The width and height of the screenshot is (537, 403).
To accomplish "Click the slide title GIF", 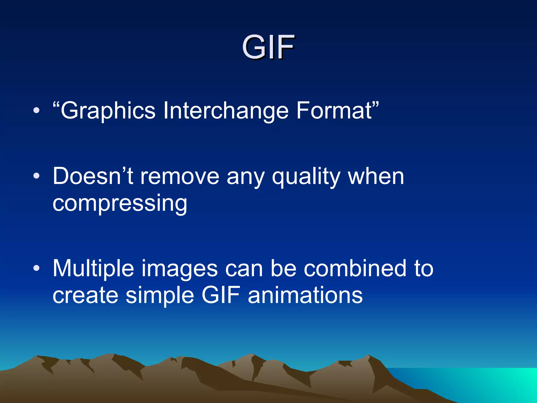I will (268, 47).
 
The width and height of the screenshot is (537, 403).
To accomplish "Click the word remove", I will (180, 176).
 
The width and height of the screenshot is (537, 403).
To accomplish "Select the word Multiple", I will (93, 268).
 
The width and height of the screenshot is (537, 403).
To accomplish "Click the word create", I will (85, 295).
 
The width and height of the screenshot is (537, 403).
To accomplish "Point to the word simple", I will (160, 296).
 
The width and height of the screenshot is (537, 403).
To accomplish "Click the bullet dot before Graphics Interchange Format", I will (36, 111).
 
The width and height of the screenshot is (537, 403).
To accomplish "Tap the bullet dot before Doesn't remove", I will (36, 176).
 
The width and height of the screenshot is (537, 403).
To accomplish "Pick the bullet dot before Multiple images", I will (36, 268).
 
